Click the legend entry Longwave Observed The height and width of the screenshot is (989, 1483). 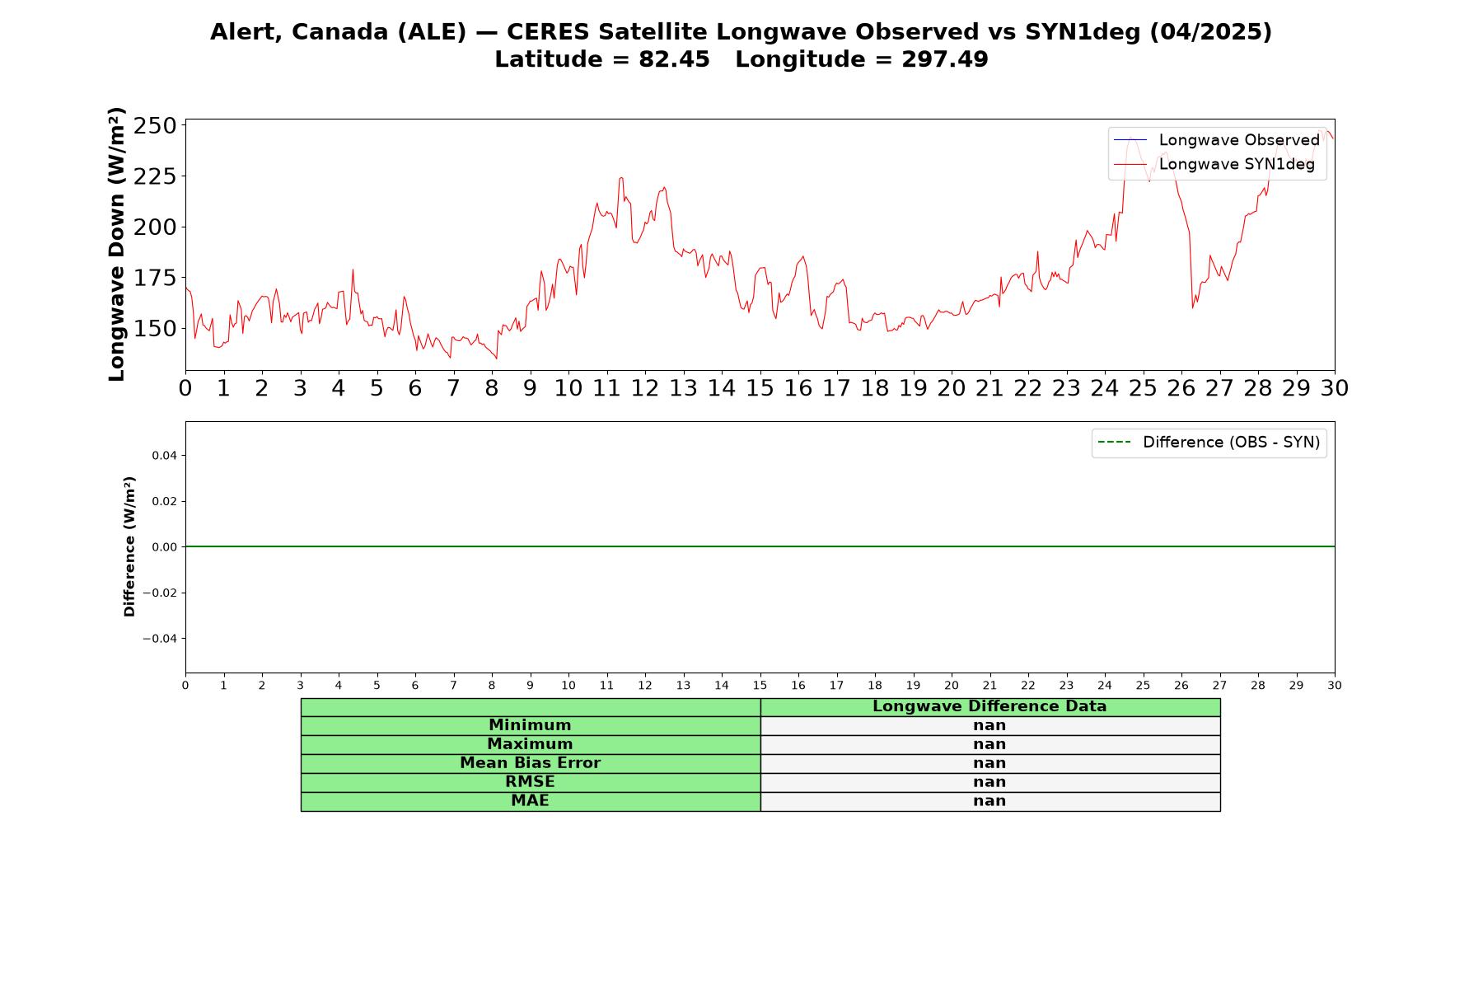tap(1216, 140)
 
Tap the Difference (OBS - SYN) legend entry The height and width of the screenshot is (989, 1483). tap(1209, 443)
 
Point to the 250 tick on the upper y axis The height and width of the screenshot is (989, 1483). tap(155, 126)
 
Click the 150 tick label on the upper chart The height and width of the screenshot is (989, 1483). tap(155, 329)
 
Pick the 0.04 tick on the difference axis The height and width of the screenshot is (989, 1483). tap(164, 456)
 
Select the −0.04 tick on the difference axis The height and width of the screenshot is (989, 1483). tap(161, 639)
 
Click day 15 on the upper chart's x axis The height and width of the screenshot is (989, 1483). tap(760, 388)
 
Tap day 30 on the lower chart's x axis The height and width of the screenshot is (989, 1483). tap(1335, 686)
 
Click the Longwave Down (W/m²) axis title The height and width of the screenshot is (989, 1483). tap(117, 244)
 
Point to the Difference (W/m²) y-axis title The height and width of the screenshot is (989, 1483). tap(129, 546)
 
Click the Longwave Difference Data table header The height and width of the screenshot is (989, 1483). tap(989, 706)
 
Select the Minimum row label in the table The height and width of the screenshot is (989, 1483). tap(530, 725)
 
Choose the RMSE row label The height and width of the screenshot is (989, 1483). tap(530, 782)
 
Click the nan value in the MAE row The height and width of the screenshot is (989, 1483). tap(989, 801)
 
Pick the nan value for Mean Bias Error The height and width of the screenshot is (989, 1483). tap(989, 763)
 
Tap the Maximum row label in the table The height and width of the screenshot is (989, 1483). tap(530, 744)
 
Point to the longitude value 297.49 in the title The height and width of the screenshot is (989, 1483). tap(945, 59)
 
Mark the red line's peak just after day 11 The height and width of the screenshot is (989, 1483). tap(620, 177)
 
